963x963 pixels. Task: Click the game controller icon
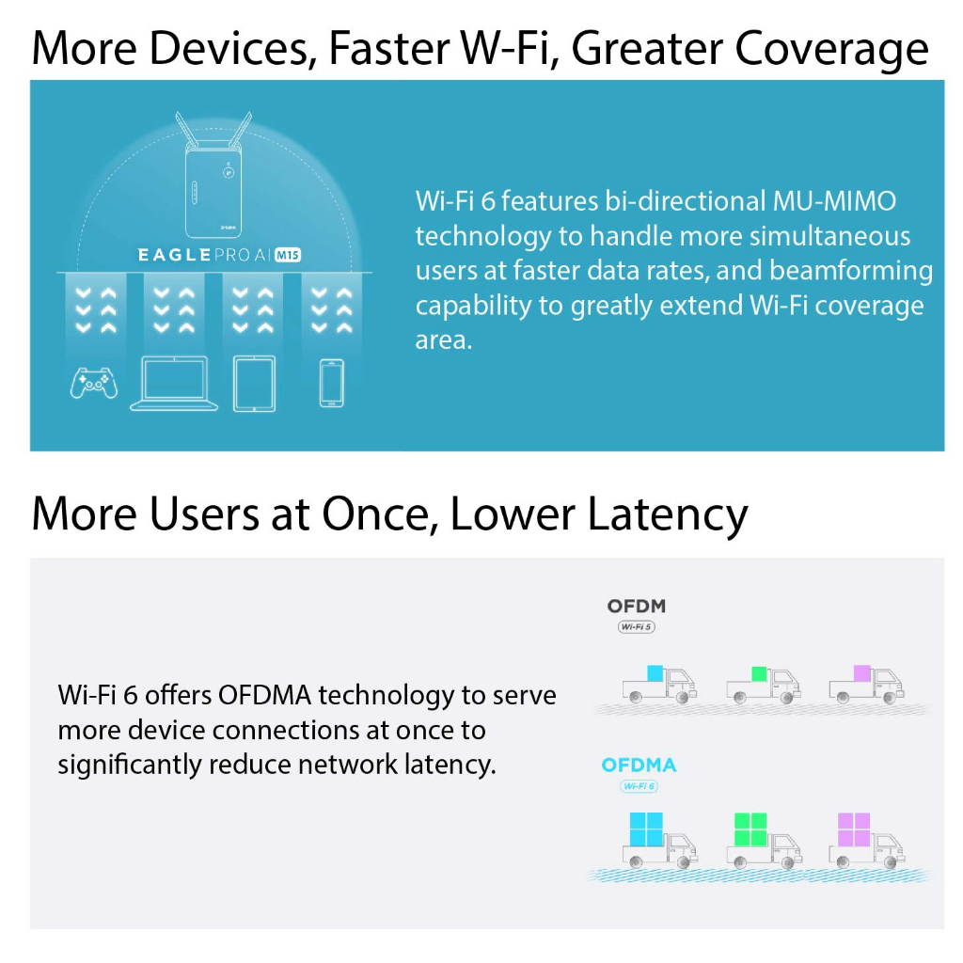coord(94,384)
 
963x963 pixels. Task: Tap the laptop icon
coord(174,384)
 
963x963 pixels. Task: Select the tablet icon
coord(254,384)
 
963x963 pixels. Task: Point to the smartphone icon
coord(332,384)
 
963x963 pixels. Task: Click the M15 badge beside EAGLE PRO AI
coord(288,254)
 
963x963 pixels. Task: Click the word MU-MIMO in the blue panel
coord(834,201)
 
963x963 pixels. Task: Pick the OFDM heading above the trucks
coord(637,607)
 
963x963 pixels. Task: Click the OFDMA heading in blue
coord(639,766)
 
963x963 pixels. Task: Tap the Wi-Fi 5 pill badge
coord(637,627)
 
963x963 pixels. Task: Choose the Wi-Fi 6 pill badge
coord(639,786)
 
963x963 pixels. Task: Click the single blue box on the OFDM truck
coord(655,673)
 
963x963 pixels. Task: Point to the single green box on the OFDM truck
coord(759,673)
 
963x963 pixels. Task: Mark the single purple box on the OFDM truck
coord(862,673)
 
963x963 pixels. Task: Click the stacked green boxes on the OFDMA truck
coord(750,829)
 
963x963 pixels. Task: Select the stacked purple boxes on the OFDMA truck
coord(854,829)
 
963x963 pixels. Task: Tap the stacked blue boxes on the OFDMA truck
coord(647,829)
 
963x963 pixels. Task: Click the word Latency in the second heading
coord(669,514)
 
